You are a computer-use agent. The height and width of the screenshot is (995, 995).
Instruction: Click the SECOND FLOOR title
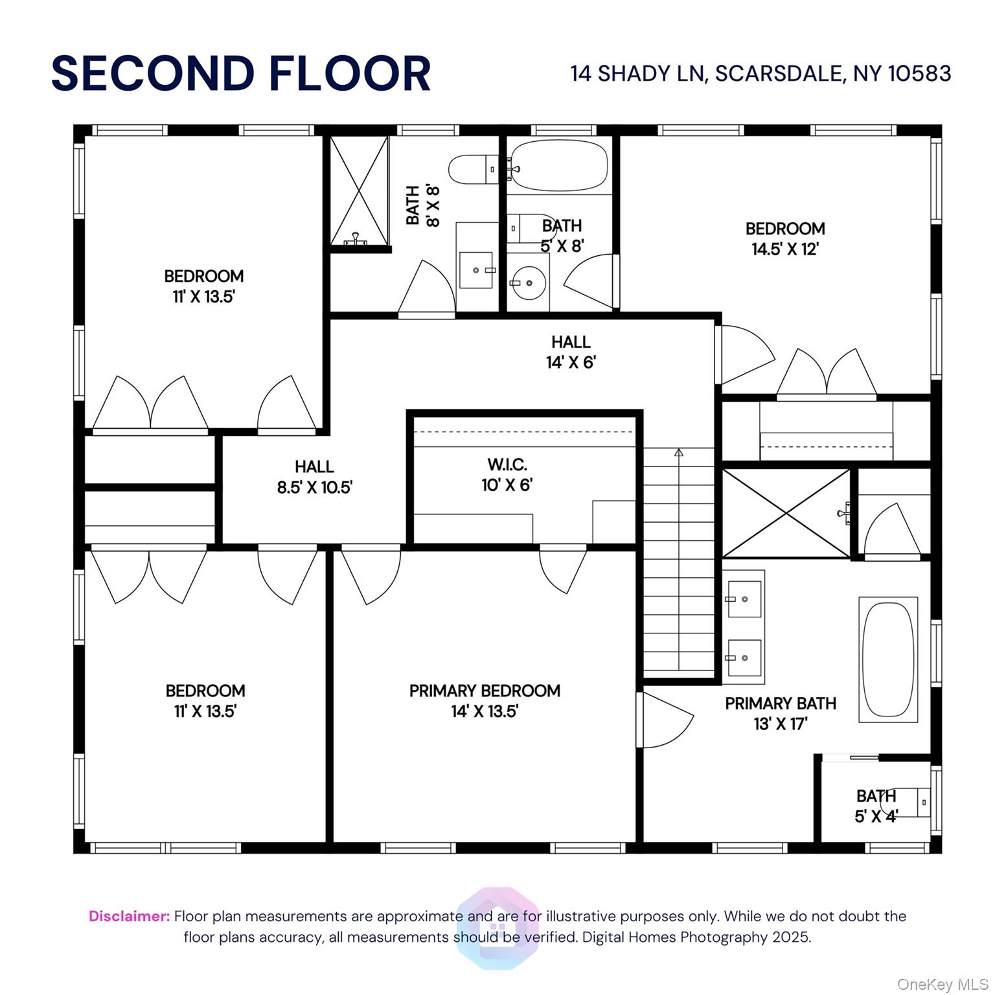pyautogui.click(x=241, y=73)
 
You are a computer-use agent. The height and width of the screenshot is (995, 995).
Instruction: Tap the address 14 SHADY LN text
pyautogui.click(x=637, y=74)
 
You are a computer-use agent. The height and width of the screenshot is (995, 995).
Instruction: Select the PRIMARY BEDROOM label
pyautogui.click(x=485, y=691)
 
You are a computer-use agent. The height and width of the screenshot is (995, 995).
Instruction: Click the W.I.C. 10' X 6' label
pyautogui.click(x=507, y=475)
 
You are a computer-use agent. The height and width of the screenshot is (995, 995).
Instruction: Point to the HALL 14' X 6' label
pyautogui.click(x=571, y=352)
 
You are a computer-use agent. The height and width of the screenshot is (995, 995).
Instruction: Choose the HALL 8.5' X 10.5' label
pyautogui.click(x=314, y=477)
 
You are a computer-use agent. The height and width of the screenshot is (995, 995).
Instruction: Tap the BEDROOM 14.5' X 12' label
pyautogui.click(x=785, y=238)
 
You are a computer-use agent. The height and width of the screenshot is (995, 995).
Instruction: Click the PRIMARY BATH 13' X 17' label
pyautogui.click(x=781, y=713)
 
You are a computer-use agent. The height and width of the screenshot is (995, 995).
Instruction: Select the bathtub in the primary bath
pyautogui.click(x=888, y=659)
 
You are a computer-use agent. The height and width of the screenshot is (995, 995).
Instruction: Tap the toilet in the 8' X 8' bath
pyautogui.click(x=474, y=170)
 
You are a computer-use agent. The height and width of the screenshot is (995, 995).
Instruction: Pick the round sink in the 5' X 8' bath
pyautogui.click(x=528, y=282)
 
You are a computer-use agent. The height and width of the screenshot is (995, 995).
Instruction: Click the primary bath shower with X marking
pyautogui.click(x=786, y=513)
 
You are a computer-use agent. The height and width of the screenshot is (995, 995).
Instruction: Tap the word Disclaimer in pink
pyautogui.click(x=130, y=916)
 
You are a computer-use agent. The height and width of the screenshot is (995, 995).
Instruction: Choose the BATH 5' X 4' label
pyautogui.click(x=876, y=805)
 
